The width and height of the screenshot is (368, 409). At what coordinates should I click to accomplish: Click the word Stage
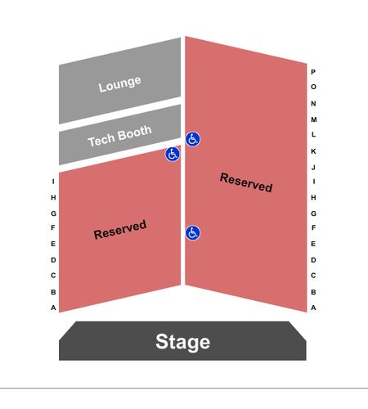pos(182,342)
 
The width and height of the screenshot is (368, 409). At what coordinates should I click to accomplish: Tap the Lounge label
pos(119,83)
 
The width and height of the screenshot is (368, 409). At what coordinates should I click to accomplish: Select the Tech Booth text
pos(119,136)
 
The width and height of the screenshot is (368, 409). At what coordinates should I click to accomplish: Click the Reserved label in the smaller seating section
pos(120,230)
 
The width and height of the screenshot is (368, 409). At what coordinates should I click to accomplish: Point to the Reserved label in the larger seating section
pos(246,182)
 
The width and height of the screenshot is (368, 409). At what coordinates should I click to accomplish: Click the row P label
pos(313,72)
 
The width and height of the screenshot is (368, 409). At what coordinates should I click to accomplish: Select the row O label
pos(313,87)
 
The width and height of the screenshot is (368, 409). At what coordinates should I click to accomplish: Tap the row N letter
pos(313,104)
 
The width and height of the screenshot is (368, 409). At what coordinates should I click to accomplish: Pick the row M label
pos(314,119)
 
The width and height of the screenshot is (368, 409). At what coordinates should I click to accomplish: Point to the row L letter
pos(313,134)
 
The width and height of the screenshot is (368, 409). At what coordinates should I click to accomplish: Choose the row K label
pos(313,151)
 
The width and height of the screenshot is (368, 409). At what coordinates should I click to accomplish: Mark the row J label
pos(313,167)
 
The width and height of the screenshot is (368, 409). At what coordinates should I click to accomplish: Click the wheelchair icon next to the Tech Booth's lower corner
pos(173,154)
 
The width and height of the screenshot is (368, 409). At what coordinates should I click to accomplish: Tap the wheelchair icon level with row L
pos(193,139)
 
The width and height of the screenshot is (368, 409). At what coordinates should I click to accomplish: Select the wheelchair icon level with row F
pos(193,233)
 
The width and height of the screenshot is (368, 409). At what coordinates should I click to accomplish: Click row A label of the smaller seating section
pos(53,308)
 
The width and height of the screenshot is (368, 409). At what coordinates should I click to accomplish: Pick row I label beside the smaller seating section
pos(53,182)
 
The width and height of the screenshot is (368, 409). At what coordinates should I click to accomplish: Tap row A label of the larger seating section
pos(313,308)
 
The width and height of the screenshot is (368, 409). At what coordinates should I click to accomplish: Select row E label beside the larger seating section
pos(313,244)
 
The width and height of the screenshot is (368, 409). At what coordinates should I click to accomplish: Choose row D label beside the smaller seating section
pos(53,260)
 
